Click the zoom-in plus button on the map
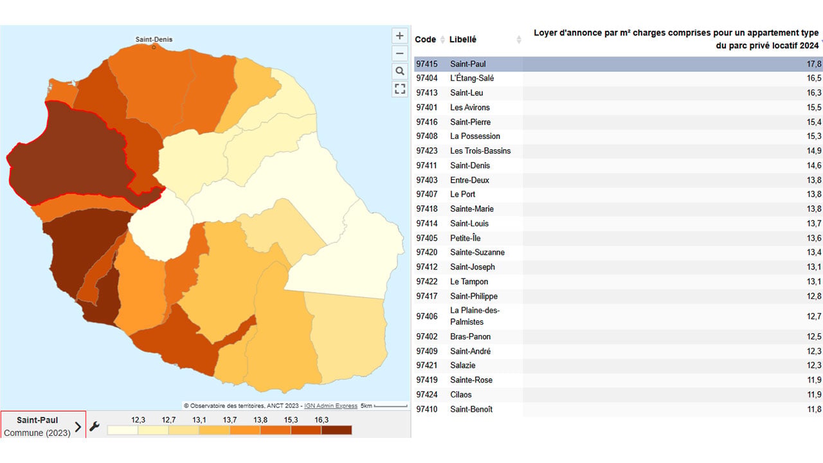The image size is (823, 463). click(400, 35)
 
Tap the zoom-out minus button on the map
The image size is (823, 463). click(400, 53)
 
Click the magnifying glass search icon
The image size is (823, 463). click(400, 71)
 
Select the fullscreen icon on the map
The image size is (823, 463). click(400, 89)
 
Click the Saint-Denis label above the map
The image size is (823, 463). click(154, 39)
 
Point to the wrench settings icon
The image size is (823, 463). click(95, 426)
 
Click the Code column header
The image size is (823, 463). click(425, 39)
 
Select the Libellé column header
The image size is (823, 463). click(462, 39)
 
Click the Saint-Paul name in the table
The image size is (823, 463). click(467, 64)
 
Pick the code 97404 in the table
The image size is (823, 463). click(426, 78)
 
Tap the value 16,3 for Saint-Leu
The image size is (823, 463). click(814, 93)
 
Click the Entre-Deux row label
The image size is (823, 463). click(469, 180)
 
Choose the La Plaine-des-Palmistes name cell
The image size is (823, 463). click(475, 316)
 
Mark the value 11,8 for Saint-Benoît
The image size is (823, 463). click(814, 409)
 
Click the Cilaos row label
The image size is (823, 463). click(461, 395)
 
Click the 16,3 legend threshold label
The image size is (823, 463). click(321, 420)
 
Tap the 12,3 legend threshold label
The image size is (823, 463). click(138, 420)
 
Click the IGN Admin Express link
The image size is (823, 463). click(330, 406)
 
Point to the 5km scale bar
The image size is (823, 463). click(390, 406)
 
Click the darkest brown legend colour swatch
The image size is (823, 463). click(336, 430)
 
